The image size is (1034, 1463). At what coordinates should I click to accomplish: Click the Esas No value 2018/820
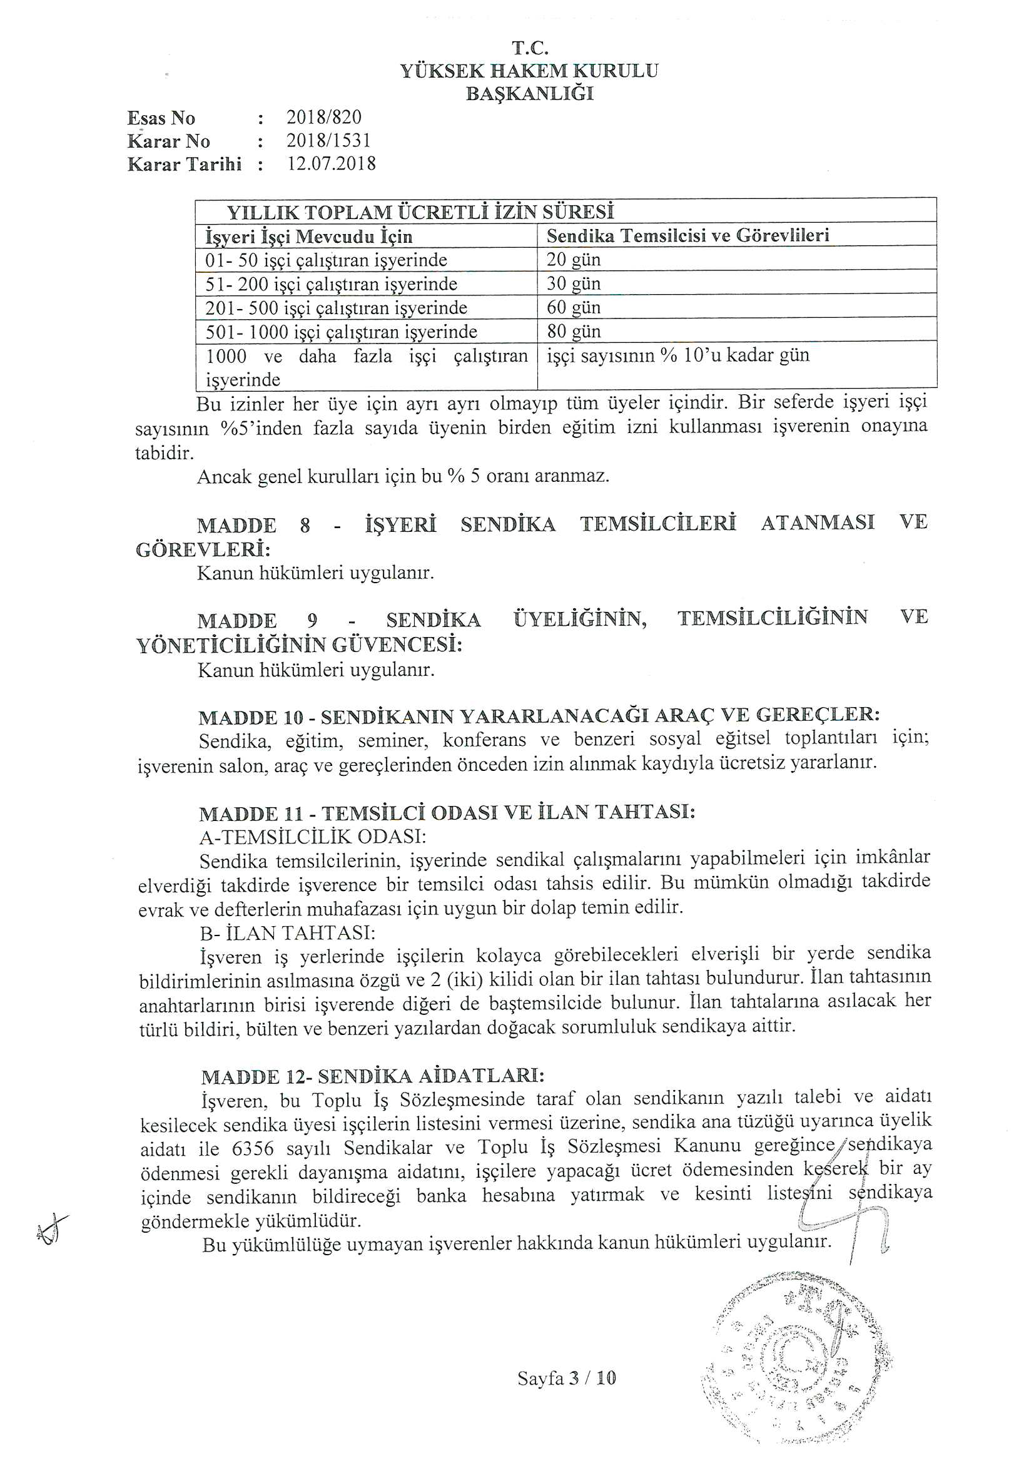(323, 117)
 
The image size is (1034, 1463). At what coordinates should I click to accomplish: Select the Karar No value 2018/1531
(328, 140)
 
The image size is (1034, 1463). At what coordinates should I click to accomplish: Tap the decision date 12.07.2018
(332, 164)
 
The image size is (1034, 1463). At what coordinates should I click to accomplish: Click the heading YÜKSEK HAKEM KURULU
(529, 71)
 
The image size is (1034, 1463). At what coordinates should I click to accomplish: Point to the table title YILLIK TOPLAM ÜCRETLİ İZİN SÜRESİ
(420, 212)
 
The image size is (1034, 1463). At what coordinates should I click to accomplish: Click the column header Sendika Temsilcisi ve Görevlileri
(687, 236)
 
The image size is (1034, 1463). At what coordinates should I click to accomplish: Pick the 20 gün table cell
(574, 259)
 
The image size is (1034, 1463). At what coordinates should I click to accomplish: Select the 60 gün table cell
(574, 307)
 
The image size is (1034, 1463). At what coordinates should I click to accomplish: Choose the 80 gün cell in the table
(574, 332)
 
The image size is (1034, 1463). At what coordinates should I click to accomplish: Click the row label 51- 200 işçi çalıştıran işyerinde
(332, 283)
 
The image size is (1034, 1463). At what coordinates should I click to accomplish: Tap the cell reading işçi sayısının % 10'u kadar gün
(678, 355)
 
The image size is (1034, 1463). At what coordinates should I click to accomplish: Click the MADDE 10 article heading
(539, 716)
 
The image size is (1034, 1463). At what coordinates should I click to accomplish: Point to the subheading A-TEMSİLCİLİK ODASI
(313, 835)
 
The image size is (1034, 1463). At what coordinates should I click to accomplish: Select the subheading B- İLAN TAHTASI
(287, 933)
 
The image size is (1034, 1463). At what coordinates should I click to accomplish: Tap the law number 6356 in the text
(253, 1148)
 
